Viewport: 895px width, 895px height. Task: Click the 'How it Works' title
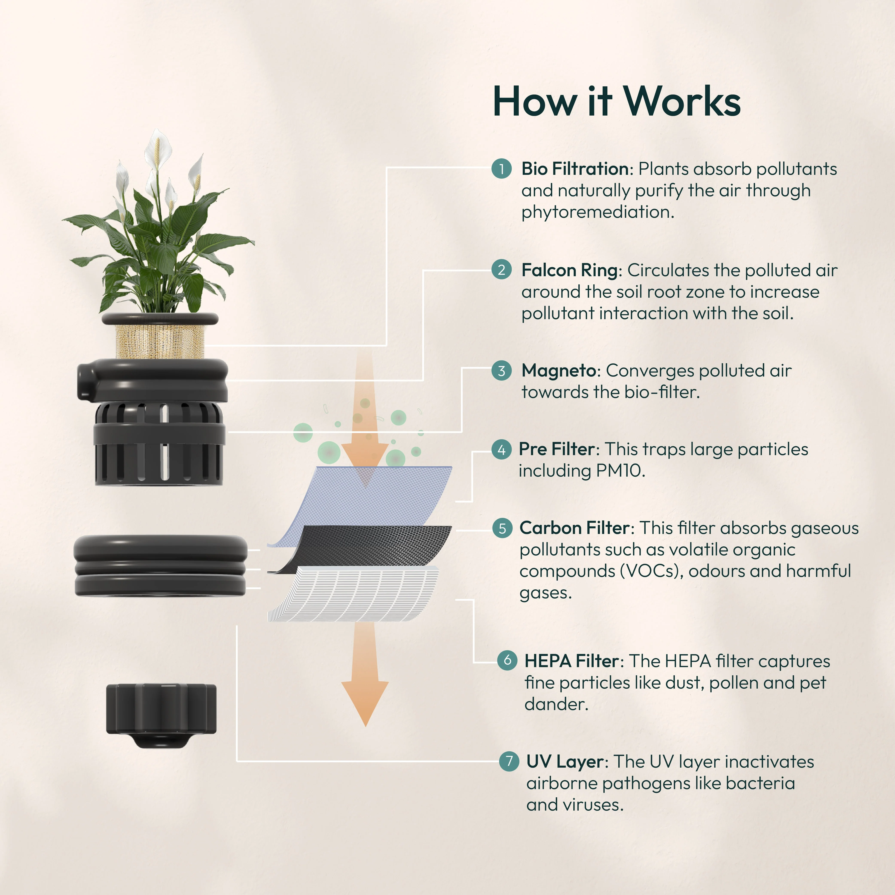[616, 102]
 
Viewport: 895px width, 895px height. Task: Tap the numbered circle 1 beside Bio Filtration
[501, 169]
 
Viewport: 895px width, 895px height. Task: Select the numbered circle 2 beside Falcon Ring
[501, 270]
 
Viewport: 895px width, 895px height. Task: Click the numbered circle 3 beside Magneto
[501, 371]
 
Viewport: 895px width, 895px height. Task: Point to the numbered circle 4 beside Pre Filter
[501, 449]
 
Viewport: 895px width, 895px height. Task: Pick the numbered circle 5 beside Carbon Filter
[502, 528]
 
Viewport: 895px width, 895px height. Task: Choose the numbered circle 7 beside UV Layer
[509, 761]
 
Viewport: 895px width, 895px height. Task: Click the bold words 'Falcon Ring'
[569, 270]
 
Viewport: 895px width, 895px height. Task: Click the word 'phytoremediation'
[597, 212]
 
